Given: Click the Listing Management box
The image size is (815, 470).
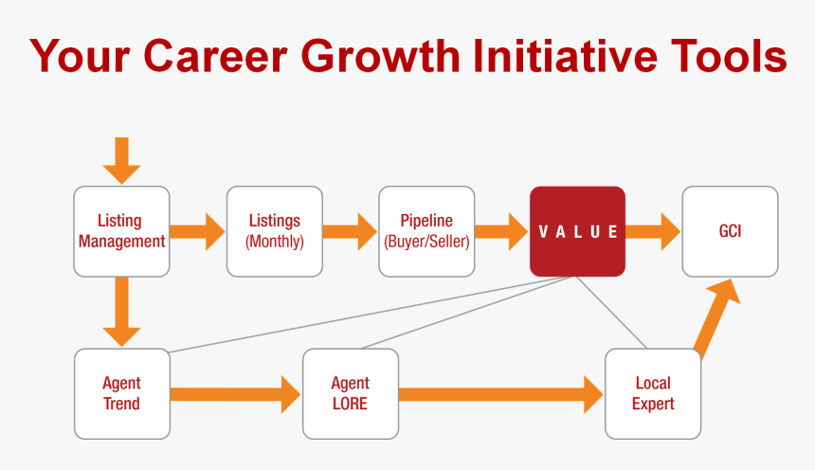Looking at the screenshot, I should pos(122,231).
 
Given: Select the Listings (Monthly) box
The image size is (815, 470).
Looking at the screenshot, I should pos(274,231).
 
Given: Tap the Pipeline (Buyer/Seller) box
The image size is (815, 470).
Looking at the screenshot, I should pos(426,231).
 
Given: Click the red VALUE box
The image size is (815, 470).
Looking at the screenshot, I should pos(577,231).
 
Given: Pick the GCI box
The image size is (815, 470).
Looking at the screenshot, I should pos(730,231).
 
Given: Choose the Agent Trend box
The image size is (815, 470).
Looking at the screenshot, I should pos(122,393).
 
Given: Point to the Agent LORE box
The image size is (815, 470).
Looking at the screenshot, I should pos(350,393).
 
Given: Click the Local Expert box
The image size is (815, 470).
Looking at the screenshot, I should pos(653,393).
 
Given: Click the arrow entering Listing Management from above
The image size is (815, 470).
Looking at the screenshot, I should pos(122,160).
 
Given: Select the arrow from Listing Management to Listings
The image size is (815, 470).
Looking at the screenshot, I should pos(198,231).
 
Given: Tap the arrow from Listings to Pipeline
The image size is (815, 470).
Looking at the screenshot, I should pos(350,231).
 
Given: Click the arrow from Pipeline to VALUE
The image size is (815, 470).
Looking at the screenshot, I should pos(501,231).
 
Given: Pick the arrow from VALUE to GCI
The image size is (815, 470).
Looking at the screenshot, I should pos(653,231).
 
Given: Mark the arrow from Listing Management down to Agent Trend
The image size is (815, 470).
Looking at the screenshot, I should pos(122,312).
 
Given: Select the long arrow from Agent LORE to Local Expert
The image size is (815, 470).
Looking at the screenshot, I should pos(501,393).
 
